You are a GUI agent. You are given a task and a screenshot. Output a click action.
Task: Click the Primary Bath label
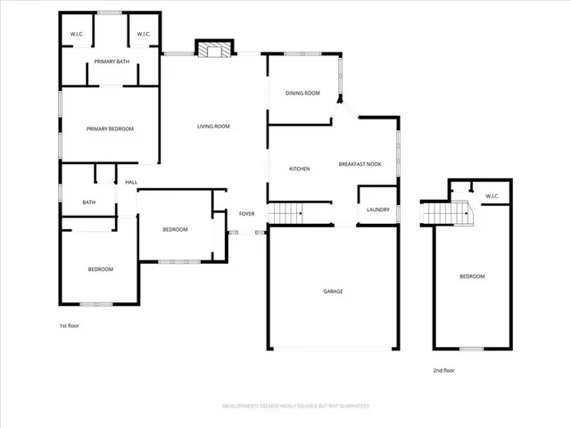(111, 62)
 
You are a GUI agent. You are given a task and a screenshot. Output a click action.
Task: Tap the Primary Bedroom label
(110, 129)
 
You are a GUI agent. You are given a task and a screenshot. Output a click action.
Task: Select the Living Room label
(213, 127)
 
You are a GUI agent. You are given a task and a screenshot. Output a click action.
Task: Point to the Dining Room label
(302, 93)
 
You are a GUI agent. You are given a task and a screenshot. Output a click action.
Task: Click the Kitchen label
(299, 169)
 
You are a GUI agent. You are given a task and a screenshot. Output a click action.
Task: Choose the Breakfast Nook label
(360, 164)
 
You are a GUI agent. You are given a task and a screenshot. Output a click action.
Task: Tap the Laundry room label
(377, 210)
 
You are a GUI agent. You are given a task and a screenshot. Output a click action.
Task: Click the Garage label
(333, 292)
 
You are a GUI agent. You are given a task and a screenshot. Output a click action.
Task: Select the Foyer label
(246, 214)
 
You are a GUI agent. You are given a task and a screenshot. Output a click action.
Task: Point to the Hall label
(131, 182)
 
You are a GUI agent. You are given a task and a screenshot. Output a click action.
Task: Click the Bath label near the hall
(89, 202)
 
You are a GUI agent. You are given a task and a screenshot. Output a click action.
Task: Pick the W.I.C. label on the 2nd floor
(492, 196)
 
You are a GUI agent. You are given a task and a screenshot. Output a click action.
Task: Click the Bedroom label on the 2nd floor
(472, 276)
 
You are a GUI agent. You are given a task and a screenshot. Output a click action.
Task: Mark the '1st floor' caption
(69, 326)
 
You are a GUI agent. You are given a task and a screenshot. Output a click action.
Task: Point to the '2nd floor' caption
(443, 370)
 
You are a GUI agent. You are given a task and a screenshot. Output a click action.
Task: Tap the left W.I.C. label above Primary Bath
(77, 35)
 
